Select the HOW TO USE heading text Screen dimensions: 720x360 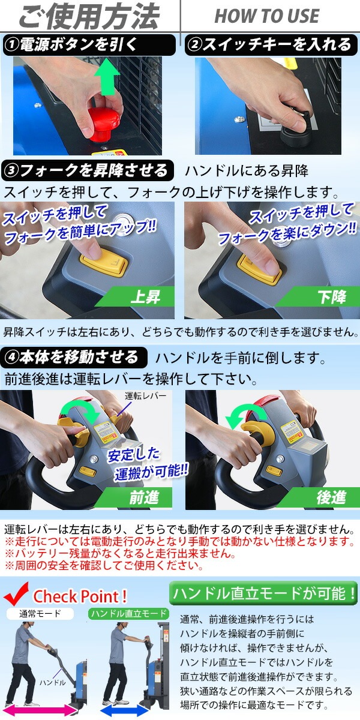(x=267, y=17)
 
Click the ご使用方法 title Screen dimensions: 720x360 (x=89, y=17)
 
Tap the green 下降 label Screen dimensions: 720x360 (x=331, y=297)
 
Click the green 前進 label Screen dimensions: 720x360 (x=144, y=497)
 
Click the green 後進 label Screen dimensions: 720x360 (x=331, y=497)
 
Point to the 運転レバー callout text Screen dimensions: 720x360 (x=145, y=397)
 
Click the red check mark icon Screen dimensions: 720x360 (x=17, y=594)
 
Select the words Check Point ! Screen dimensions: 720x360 (x=80, y=596)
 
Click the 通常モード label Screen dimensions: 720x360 (x=40, y=614)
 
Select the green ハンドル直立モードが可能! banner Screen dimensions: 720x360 (x=263, y=593)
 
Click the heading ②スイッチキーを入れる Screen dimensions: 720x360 (x=269, y=44)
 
